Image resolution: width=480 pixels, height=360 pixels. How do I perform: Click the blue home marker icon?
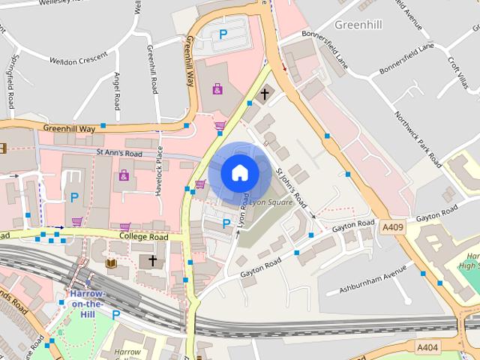[239, 172]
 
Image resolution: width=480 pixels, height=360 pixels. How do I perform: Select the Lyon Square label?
[270, 202]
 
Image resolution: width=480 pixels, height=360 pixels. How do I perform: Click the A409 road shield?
[393, 226]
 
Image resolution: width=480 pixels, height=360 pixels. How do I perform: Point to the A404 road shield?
[427, 346]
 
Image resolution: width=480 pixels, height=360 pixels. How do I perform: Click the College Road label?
[143, 236]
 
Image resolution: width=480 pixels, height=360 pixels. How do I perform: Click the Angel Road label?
[116, 90]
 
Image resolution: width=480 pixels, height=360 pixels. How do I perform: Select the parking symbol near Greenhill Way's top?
[223, 34]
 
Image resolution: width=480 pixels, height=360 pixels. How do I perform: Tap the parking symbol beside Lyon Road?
[226, 223]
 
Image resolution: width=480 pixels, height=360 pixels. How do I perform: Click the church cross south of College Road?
[152, 261]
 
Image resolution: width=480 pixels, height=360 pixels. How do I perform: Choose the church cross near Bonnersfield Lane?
[264, 94]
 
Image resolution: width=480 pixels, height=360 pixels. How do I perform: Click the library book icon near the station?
[111, 263]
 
